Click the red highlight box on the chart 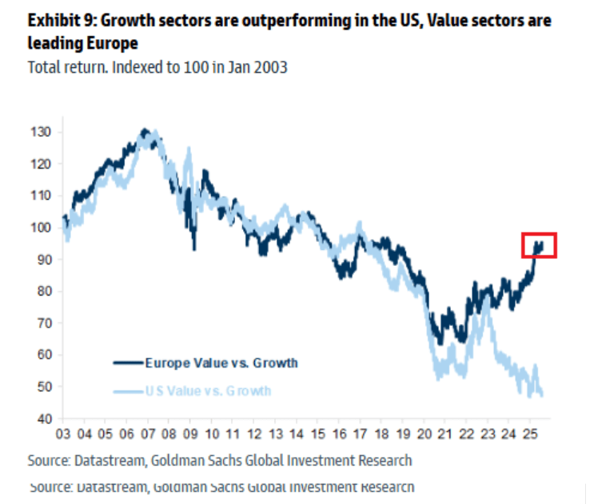pyautogui.click(x=538, y=245)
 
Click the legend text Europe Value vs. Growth pyautogui.click(x=221, y=363)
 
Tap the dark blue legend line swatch pyautogui.click(x=127, y=363)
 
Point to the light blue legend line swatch pyautogui.click(x=127, y=391)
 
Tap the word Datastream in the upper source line pyautogui.click(x=107, y=460)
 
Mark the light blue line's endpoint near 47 pyautogui.click(x=542, y=395)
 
